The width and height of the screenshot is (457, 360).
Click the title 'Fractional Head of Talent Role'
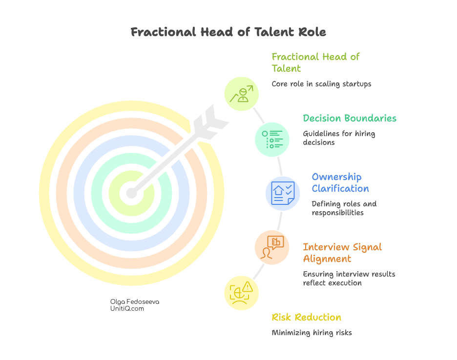228,33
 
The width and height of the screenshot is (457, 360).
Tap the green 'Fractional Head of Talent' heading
315,62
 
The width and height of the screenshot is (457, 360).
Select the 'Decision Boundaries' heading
349,118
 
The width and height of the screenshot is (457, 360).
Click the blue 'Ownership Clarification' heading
340,182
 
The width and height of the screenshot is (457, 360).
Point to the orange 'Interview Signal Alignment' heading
342,253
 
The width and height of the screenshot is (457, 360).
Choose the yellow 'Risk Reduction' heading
306,318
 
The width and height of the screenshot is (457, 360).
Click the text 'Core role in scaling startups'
321,84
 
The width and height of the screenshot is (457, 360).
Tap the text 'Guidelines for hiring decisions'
339,138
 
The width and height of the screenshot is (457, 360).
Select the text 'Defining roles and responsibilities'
344,208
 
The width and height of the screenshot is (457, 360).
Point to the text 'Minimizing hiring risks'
312,333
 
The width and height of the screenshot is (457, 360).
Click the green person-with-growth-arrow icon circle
241,94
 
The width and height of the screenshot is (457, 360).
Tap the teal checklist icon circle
272,140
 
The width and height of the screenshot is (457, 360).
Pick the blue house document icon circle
282,193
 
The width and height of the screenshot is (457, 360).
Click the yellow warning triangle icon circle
241,293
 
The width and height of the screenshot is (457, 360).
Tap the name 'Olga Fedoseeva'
135,301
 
